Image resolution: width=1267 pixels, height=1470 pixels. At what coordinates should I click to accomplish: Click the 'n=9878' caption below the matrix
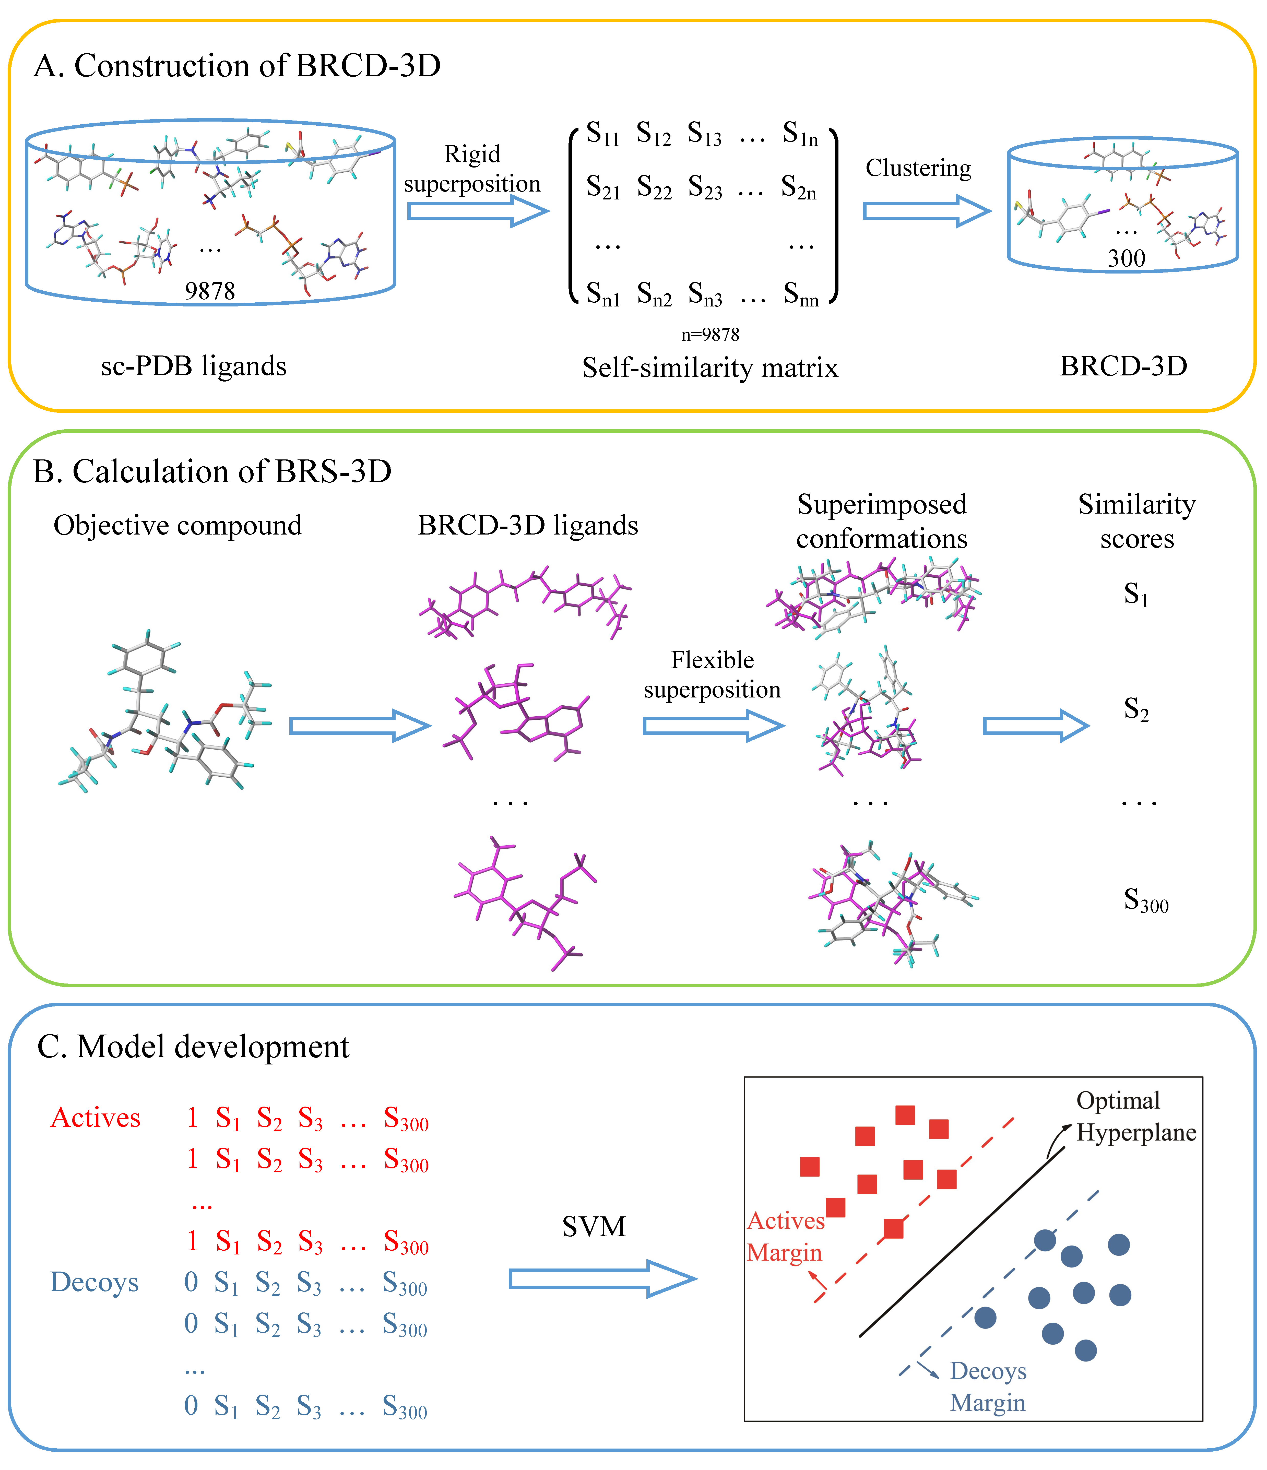pyautogui.click(x=710, y=334)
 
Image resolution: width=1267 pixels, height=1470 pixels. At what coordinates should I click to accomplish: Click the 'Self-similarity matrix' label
pyautogui.click(x=710, y=367)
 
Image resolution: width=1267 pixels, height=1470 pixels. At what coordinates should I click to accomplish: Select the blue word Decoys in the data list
pyautogui.click(x=94, y=1283)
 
